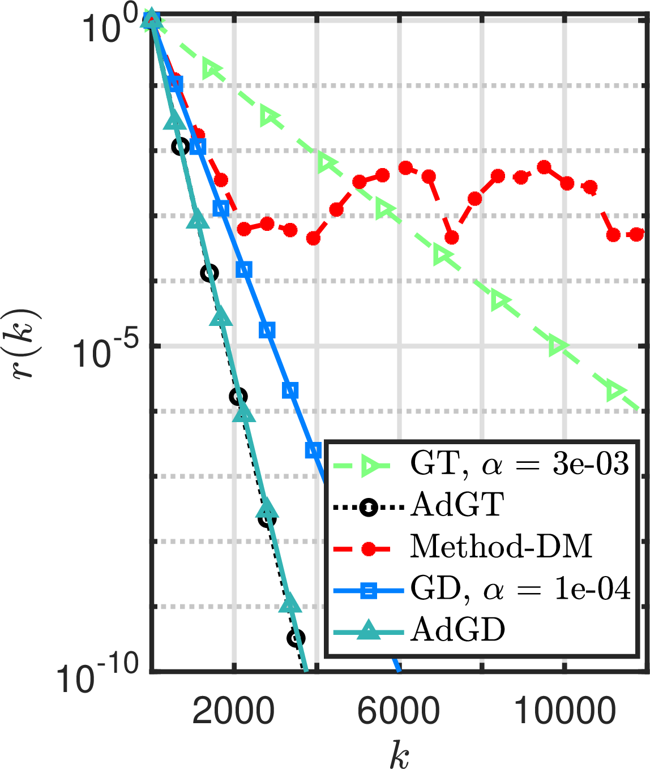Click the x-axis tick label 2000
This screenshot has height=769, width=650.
pyautogui.click(x=233, y=711)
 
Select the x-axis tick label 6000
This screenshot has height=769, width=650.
pyautogui.click(x=399, y=711)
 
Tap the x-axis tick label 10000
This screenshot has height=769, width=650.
pyautogui.click(x=565, y=711)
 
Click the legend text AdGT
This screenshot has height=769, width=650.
pyautogui.click(x=457, y=505)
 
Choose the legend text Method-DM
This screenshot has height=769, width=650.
pyautogui.click(x=501, y=547)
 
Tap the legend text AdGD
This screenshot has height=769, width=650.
pyautogui.click(x=457, y=629)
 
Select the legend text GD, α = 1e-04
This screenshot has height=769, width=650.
pyautogui.click(x=520, y=589)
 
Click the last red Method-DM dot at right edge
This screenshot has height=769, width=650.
pyautogui.click(x=637, y=234)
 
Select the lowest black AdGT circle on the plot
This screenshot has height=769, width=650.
pyautogui.click(x=296, y=638)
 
